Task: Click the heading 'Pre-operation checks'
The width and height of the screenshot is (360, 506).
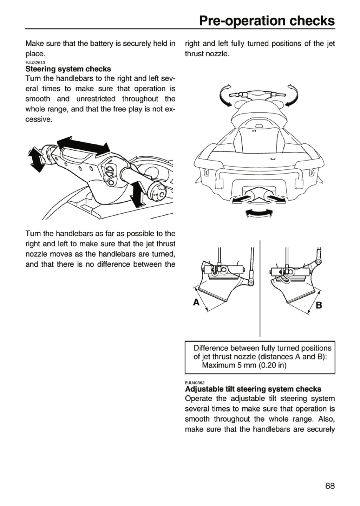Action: [267, 21]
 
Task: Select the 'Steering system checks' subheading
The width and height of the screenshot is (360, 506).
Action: [68, 69]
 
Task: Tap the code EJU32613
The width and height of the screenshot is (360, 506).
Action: [35, 63]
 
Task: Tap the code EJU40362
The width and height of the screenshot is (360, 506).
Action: [195, 383]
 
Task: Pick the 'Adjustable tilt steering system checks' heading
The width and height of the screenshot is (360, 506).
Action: [253, 389]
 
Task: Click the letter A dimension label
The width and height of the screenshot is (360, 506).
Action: [196, 302]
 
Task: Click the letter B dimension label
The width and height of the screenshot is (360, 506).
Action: [319, 305]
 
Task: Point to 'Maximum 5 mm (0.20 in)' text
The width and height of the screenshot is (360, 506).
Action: [244, 365]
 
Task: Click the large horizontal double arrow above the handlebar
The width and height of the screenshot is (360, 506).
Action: [83, 147]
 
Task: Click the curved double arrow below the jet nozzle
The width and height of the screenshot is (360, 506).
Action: [259, 213]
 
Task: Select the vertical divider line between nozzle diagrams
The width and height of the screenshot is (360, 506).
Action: [260, 288]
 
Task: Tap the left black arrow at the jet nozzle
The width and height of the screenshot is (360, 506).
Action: [241, 200]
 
